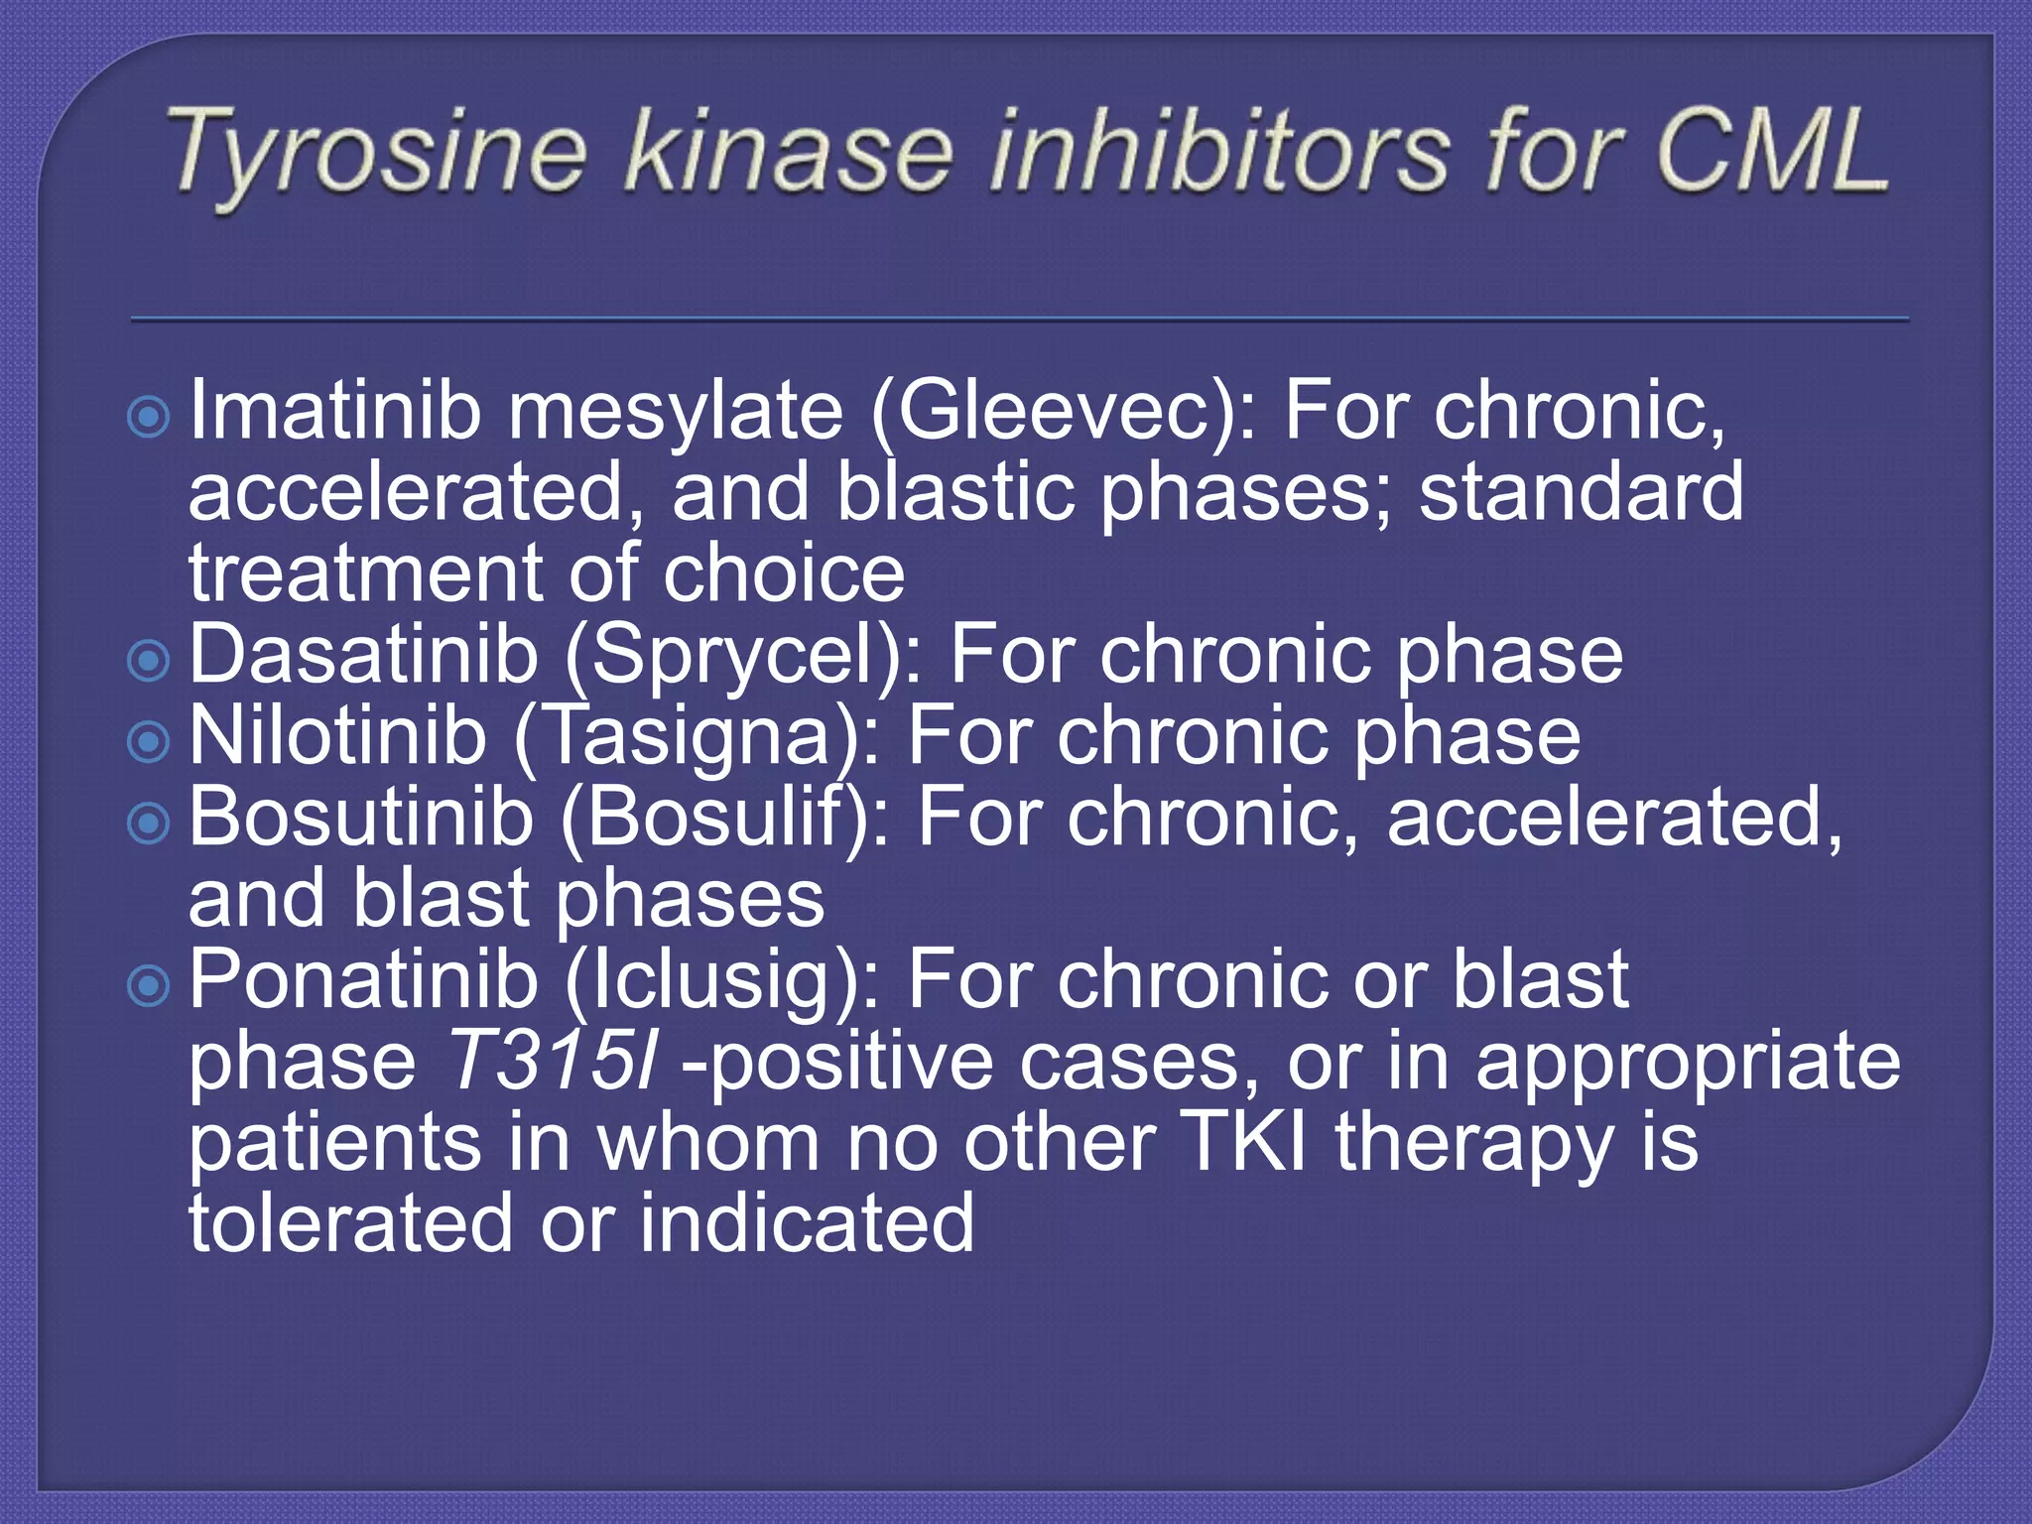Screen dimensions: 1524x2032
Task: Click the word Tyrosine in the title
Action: point(377,154)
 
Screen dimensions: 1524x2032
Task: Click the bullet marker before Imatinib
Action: point(149,418)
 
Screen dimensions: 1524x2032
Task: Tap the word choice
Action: point(784,573)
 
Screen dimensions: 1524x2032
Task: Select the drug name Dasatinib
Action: point(362,654)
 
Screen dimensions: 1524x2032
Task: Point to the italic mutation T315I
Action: point(552,1061)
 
